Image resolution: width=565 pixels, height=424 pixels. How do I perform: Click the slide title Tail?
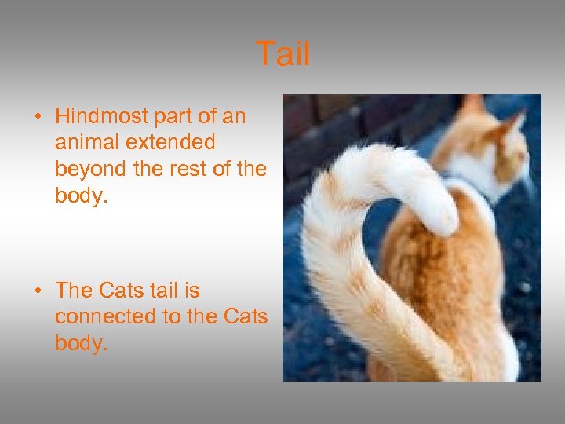click(x=283, y=55)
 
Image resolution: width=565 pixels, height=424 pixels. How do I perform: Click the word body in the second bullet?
click(x=78, y=344)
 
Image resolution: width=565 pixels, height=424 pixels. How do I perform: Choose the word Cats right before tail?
click(x=122, y=291)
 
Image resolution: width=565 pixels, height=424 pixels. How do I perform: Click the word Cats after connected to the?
click(x=246, y=317)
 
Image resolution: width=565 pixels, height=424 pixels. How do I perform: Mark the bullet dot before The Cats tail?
click(x=37, y=291)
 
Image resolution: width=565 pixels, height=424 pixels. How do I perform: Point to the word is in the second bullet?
click(x=192, y=291)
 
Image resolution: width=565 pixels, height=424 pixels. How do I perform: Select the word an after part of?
click(x=234, y=117)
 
